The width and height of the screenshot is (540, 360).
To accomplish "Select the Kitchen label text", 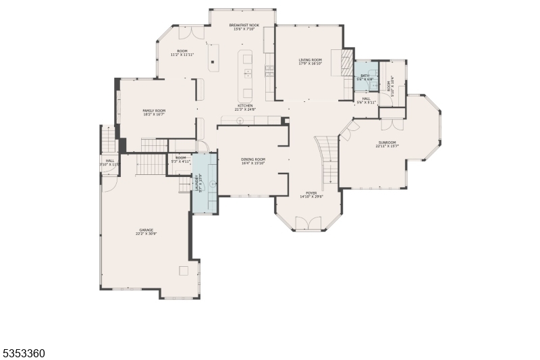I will point(244,105).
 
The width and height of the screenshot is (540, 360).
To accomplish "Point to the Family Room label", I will point(154,110).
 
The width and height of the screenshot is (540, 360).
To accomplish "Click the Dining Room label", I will point(252,159).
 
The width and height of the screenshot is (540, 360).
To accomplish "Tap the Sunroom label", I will point(387,142).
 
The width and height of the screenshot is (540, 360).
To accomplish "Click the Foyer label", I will point(311,192).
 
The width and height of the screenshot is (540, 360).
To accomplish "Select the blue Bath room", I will point(365,76).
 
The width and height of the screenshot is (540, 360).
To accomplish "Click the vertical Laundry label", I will point(198,184).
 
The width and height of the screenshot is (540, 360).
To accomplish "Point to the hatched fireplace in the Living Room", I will point(346,64).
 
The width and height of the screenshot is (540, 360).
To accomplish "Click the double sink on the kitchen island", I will point(248,70).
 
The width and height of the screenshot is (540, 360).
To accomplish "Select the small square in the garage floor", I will point(183,271).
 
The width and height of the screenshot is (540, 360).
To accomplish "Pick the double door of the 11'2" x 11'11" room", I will point(190,31).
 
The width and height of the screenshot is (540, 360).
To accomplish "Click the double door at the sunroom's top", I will point(392,124).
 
